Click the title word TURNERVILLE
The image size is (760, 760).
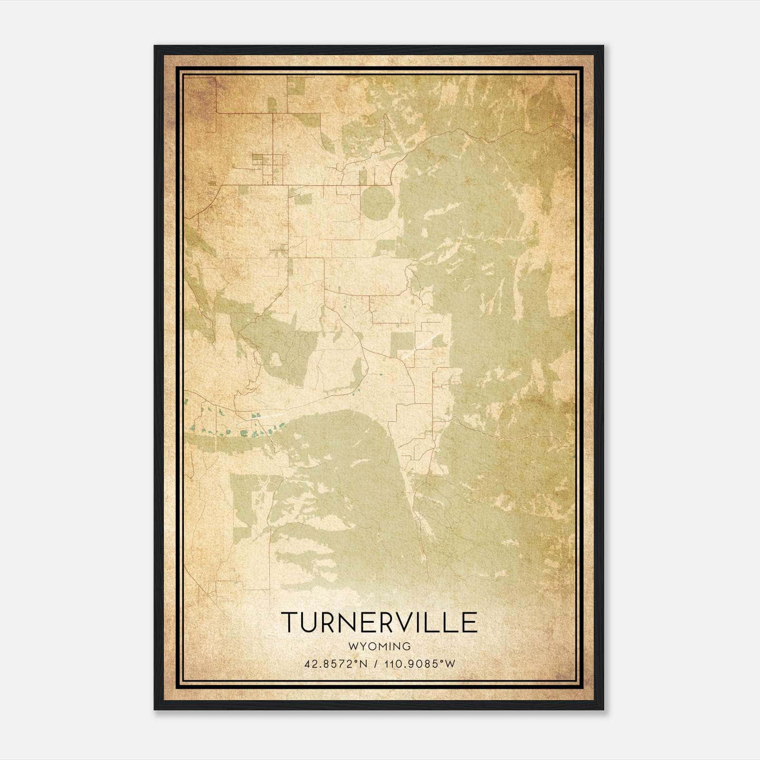(379, 622)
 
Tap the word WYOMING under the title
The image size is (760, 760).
(379, 646)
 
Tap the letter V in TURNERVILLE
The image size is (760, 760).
(397, 622)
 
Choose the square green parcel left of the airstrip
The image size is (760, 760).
(402, 344)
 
